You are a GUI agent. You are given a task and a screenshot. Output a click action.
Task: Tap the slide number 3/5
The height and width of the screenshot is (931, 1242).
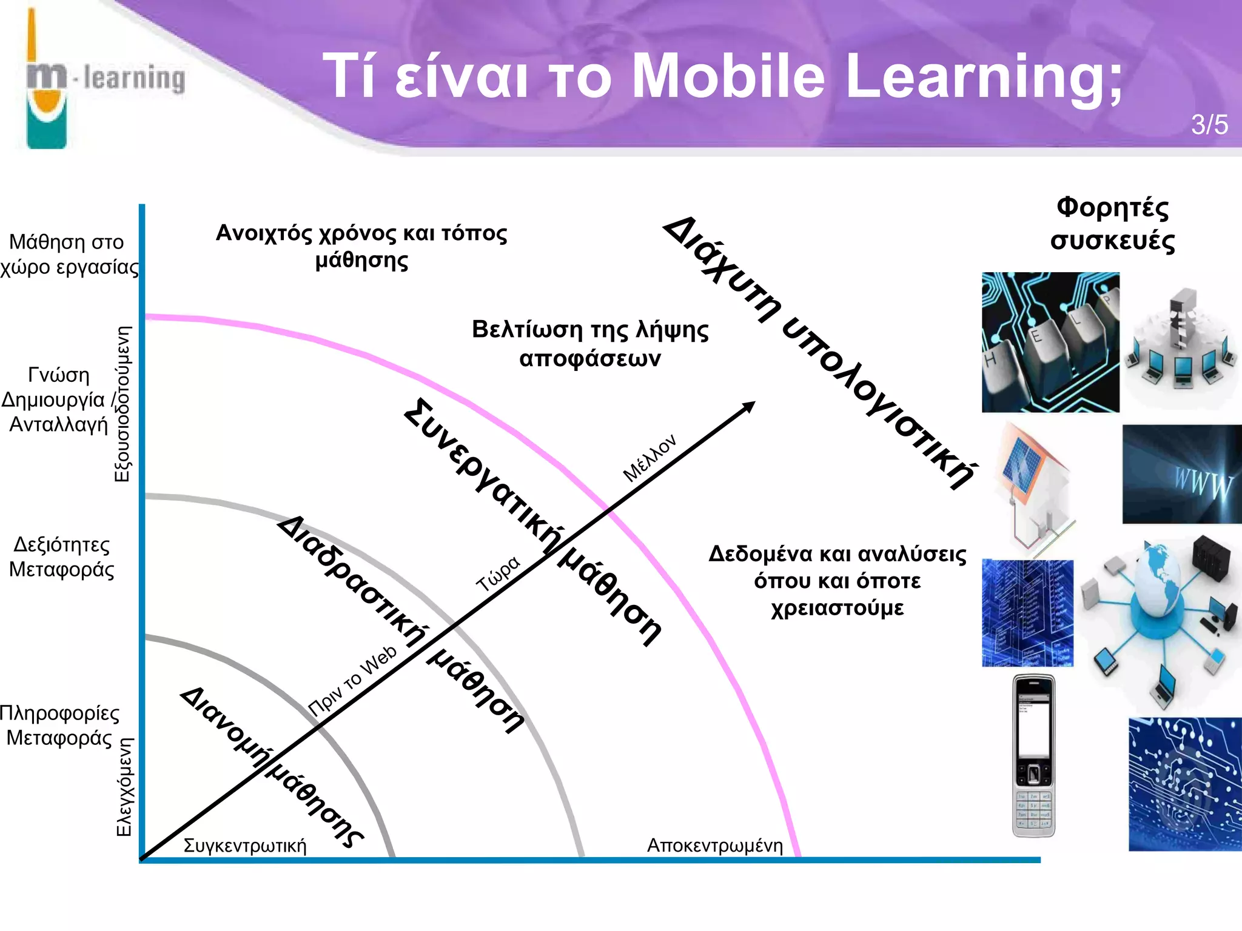coord(1209,125)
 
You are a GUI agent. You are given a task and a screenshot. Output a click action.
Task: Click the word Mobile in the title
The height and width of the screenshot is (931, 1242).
coord(728,76)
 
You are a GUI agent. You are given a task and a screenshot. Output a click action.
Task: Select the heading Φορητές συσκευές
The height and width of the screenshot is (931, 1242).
coord(1112,224)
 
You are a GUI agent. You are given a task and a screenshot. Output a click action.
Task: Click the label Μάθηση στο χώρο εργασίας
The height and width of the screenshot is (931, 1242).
coord(68,255)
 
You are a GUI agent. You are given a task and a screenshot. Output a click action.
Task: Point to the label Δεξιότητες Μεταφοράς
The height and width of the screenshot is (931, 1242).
coord(61,557)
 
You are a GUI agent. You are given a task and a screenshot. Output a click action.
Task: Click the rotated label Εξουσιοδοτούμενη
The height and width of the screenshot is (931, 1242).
coord(123,404)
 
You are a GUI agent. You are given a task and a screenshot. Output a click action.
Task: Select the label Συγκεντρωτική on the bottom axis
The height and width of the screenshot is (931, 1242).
coord(245,846)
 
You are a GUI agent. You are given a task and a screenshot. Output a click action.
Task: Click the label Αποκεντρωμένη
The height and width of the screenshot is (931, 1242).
coord(714,845)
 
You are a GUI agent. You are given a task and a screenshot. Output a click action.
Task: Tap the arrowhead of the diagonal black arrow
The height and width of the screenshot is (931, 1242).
coord(750,405)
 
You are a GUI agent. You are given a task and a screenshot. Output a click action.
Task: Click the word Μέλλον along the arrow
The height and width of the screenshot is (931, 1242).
coord(649,458)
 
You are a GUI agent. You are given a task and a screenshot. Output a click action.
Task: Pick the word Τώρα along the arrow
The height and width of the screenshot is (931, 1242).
coord(498,573)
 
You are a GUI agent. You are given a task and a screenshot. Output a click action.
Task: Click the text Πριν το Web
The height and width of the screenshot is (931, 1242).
coord(352,681)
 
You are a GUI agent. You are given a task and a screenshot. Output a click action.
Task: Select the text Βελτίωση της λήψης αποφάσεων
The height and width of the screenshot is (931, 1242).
coord(590,344)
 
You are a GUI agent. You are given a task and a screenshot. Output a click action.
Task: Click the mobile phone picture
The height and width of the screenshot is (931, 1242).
coord(1033,756)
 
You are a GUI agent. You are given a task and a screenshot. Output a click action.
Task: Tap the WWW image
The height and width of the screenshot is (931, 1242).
coord(1181,474)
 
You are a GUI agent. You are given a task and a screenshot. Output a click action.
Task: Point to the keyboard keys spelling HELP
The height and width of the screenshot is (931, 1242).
coord(1050,342)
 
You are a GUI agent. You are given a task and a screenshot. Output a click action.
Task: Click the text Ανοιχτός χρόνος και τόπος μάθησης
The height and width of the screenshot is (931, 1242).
coord(361,247)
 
